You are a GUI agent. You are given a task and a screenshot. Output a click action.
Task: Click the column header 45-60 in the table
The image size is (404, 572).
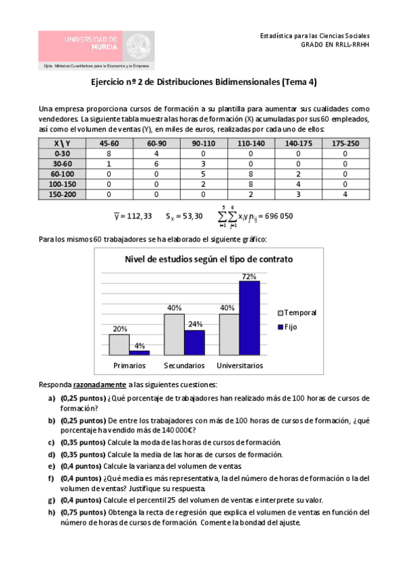[x=109, y=144]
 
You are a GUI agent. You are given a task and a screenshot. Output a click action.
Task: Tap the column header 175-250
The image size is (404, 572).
[x=345, y=144]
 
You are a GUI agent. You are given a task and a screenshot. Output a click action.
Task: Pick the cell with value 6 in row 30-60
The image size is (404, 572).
[x=154, y=163]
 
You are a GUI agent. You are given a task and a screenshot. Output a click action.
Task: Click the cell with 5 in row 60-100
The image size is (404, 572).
[x=202, y=173]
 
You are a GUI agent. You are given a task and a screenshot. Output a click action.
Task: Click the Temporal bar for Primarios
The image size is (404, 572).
[x=119, y=344]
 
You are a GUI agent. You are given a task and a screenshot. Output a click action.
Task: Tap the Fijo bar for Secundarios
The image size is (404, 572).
[x=194, y=342]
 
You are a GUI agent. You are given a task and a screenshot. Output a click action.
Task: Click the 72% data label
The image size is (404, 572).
[x=249, y=276]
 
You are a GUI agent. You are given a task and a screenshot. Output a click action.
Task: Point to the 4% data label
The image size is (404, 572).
[x=140, y=346]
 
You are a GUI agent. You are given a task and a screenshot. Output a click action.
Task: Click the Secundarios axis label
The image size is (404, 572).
[x=184, y=365]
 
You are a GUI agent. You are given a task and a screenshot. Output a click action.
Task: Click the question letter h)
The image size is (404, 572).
[x=51, y=513]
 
